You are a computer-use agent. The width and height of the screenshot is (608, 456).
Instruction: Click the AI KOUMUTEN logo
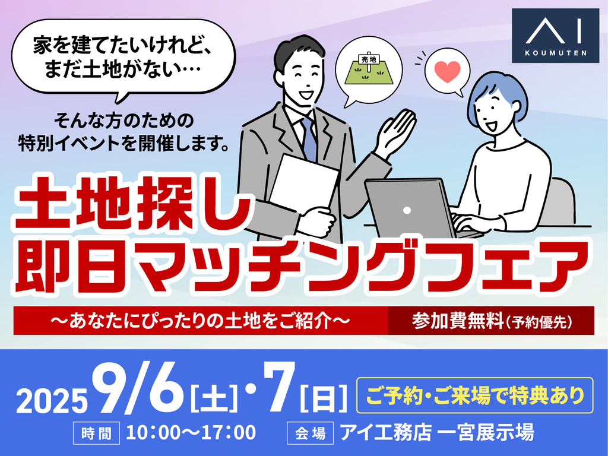coord(555,36)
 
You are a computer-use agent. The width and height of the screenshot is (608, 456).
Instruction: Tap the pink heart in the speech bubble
coord(447,71)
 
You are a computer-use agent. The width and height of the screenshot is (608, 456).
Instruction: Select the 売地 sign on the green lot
coord(368,60)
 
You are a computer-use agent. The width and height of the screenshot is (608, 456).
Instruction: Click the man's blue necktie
coord(309,138)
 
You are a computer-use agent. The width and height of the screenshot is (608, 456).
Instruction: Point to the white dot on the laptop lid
coord(407,210)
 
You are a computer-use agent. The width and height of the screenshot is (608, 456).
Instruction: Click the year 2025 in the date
coord(52,401)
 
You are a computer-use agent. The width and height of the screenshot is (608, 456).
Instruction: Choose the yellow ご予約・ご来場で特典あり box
coord(474,395)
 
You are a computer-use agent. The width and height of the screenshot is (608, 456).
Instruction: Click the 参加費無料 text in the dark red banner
coord(458,321)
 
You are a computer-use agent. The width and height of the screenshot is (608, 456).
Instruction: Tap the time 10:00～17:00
coord(191,433)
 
